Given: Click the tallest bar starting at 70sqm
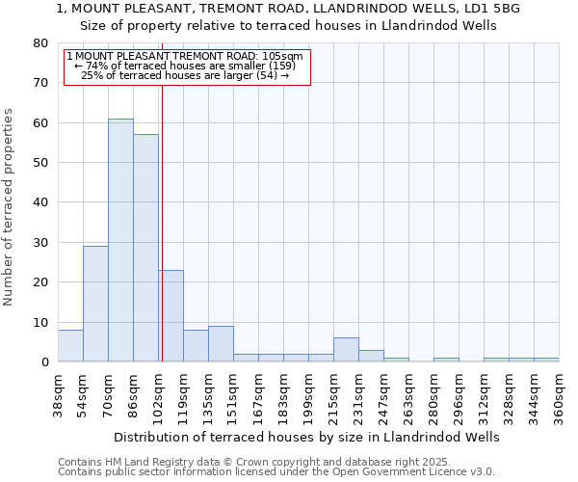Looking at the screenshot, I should pos(120,240).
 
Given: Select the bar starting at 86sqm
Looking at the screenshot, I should pos(145,248).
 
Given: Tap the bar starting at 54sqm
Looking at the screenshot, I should pos(95,304).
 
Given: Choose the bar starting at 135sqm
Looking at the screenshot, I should pos(221,344).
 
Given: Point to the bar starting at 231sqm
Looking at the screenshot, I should pos(371,356).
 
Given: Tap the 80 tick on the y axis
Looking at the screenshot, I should pos(39,43).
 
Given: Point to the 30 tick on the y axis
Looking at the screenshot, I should pos(39,243).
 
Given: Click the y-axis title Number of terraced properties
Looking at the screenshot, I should pos(9,206).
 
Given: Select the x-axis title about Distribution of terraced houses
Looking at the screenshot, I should pos(306,437).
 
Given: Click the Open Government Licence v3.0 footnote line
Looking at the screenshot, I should pos(276,472).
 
